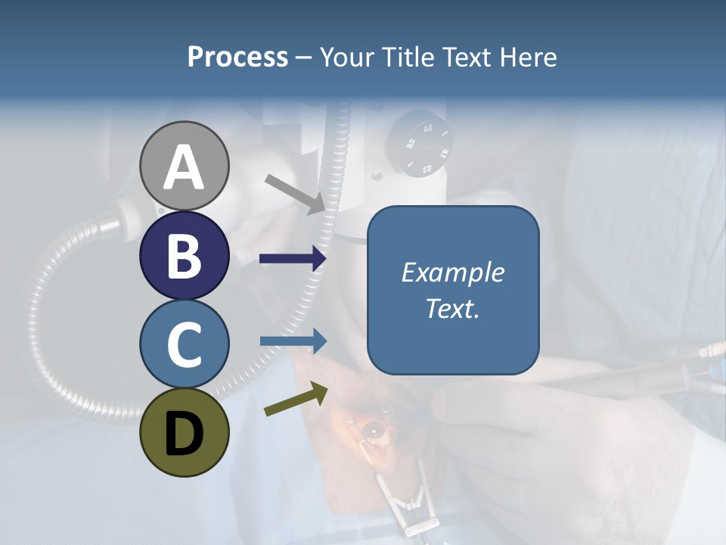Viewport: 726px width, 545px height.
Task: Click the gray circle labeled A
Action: (184, 166)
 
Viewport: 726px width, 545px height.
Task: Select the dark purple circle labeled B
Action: (184, 255)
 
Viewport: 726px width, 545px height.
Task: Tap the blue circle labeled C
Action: (184, 344)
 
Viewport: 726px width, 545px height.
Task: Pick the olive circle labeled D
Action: (184, 432)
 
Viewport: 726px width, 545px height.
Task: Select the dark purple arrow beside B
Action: (293, 259)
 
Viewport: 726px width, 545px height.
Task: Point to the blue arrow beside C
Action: (293, 341)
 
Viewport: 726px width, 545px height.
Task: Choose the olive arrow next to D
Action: (296, 400)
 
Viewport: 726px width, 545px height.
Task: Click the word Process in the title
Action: (237, 57)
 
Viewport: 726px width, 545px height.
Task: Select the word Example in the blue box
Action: (452, 272)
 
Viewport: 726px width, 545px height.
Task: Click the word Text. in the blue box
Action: (452, 308)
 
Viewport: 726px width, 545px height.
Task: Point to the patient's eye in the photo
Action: (373, 430)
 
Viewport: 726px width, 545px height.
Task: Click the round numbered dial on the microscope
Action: (418, 144)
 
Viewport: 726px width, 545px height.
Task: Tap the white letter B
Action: (184, 255)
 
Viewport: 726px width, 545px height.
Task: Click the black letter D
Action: (184, 433)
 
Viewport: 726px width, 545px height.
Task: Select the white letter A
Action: (184, 167)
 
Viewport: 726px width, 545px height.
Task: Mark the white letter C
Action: (184, 344)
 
